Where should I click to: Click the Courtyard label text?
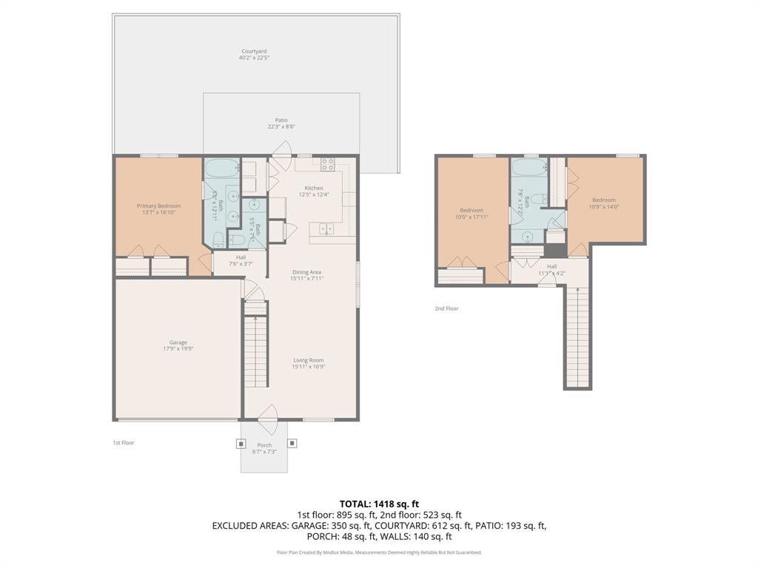click(x=254, y=51)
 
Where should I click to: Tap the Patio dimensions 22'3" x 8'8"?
click(x=281, y=126)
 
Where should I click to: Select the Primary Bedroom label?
click(x=158, y=206)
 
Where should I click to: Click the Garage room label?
click(x=178, y=342)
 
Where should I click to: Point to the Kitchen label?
click(x=314, y=188)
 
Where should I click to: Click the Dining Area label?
click(x=306, y=272)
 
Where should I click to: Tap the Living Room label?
click(x=309, y=360)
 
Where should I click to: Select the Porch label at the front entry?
click(x=264, y=445)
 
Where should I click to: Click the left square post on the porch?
click(x=240, y=444)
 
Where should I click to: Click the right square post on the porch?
click(x=292, y=444)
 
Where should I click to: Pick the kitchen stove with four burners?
click(x=328, y=165)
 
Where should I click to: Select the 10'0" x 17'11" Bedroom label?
click(x=472, y=210)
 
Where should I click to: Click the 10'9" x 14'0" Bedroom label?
click(x=603, y=200)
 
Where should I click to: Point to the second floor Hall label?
click(x=551, y=266)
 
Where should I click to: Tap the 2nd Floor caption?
click(x=446, y=308)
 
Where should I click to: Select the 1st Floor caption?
click(x=123, y=442)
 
